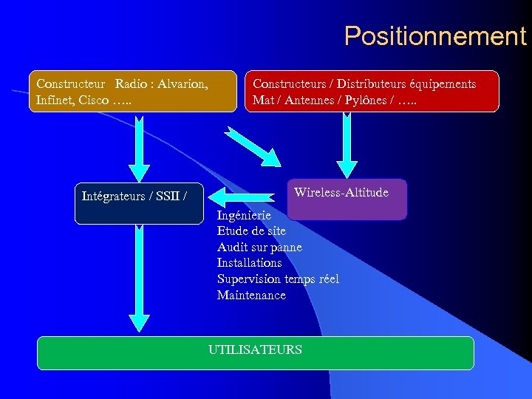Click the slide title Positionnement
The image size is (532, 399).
434,35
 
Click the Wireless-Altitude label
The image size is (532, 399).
341,193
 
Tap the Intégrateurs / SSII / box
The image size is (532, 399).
138,203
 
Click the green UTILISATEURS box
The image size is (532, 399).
255,352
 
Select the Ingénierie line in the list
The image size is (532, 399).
244,215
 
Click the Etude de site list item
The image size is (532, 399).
251,231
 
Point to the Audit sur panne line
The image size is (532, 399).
259,247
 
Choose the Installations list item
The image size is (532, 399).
249,263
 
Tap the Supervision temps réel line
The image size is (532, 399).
278,279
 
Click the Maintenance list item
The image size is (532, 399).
251,296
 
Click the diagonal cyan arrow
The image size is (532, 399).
253,146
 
